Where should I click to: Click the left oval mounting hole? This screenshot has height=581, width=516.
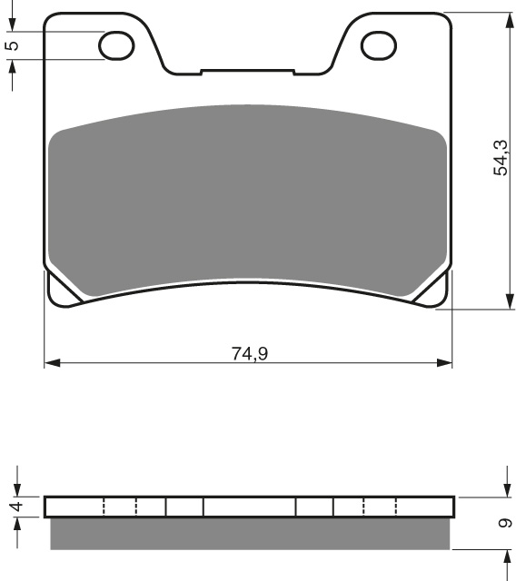click(x=115, y=45)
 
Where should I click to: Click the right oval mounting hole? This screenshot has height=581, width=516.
click(x=379, y=45)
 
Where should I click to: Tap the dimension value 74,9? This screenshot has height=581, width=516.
click(x=249, y=353)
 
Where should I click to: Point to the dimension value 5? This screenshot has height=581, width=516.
click(x=12, y=45)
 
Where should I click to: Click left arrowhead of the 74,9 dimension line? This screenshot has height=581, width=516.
click(x=51, y=363)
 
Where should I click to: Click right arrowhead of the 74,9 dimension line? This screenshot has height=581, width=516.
click(x=445, y=363)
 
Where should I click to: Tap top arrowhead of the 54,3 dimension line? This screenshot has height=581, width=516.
click(x=506, y=19)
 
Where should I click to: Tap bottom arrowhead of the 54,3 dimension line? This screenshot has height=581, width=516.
click(x=506, y=302)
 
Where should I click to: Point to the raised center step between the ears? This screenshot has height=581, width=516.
click(x=248, y=70)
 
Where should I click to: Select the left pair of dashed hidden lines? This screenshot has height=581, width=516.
click(x=120, y=507)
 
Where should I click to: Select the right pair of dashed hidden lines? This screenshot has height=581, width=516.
click(x=379, y=507)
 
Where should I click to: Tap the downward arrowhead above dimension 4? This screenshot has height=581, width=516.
click(x=15, y=489)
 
